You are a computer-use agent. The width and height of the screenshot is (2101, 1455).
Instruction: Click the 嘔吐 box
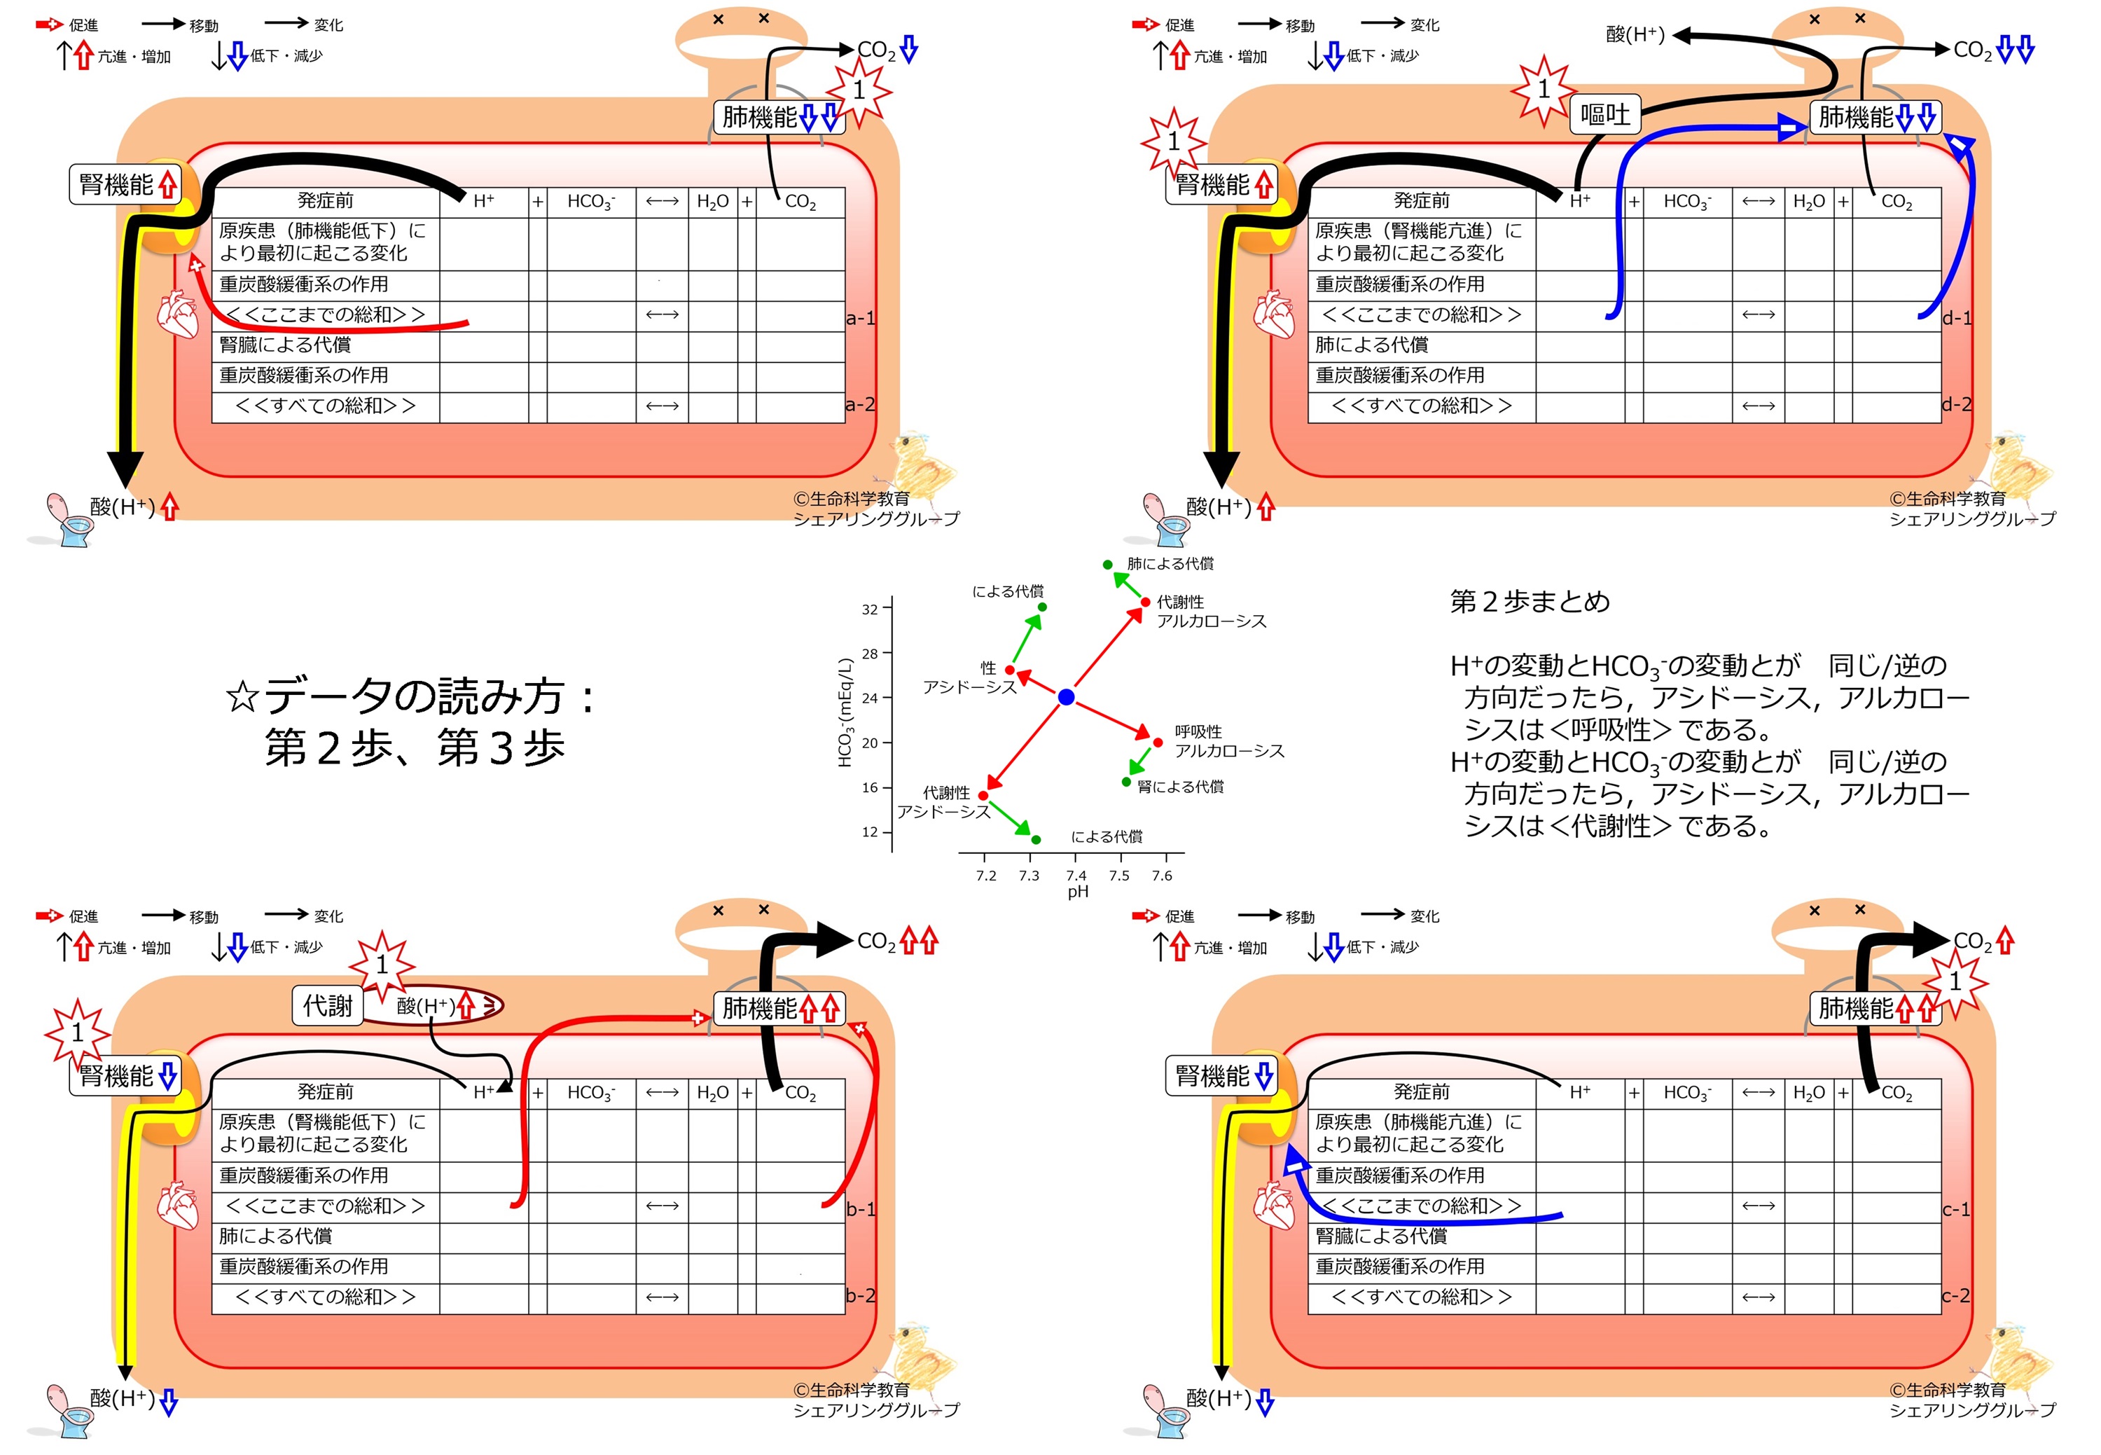tap(1605, 115)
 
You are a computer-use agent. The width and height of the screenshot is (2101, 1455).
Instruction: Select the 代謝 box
tap(327, 1005)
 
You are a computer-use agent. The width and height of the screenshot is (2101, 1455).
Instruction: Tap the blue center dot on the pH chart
tap(1065, 698)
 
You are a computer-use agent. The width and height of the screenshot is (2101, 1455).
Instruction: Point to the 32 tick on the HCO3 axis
tap(871, 609)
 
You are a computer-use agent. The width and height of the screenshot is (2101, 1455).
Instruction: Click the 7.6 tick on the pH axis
tap(1162, 875)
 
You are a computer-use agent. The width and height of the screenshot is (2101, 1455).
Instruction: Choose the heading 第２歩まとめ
tap(1530, 602)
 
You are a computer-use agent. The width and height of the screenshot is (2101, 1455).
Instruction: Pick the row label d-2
tap(1956, 404)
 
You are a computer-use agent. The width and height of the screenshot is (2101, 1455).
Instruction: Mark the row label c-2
tap(1956, 1295)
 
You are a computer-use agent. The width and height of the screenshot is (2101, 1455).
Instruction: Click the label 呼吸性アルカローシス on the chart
tap(1228, 741)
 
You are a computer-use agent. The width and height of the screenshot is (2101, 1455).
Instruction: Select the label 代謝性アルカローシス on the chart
tap(1212, 612)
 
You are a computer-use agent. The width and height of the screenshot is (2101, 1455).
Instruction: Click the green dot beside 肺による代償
tap(1107, 565)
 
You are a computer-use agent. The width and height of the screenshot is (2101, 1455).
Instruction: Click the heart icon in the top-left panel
tap(178, 315)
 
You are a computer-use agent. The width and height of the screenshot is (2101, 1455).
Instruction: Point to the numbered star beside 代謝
tap(382, 965)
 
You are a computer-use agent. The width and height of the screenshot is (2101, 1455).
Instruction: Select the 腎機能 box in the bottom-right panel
tap(1221, 1077)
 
